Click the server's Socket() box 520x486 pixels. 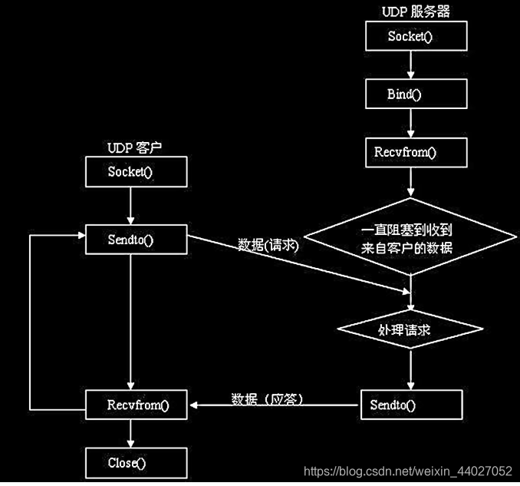pos(416,36)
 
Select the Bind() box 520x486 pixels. pos(416,94)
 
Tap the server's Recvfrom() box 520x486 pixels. pos(416,153)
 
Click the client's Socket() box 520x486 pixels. pos(137,172)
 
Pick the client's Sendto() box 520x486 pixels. pos(137,240)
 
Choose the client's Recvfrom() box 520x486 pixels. pos(137,405)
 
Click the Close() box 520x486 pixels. pos(137,463)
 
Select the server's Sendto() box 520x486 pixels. pos(412,405)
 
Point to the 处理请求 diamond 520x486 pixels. pos(410,329)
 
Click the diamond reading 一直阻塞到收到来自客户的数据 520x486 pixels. pos(410,236)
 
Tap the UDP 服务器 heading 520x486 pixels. pos(416,12)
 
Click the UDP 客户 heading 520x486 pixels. pos(134,147)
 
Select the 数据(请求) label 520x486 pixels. pos(268,246)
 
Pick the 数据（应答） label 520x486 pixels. pos(268,398)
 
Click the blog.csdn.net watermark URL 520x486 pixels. pos(408,471)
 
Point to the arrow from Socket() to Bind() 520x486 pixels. pos(410,64)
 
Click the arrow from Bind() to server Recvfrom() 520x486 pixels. pos(410,123)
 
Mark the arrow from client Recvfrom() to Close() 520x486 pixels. pos(130,434)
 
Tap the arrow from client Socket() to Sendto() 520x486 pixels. pos(130,206)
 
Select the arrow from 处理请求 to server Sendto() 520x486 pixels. pos(410,369)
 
